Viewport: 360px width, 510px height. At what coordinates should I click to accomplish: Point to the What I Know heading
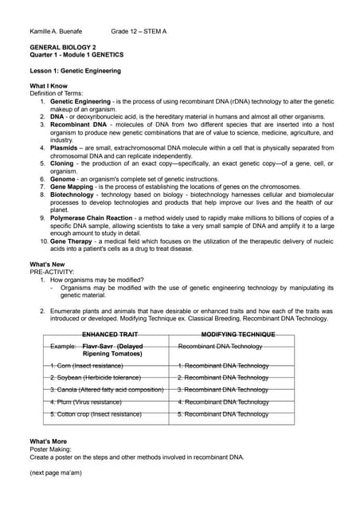click(x=48, y=85)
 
